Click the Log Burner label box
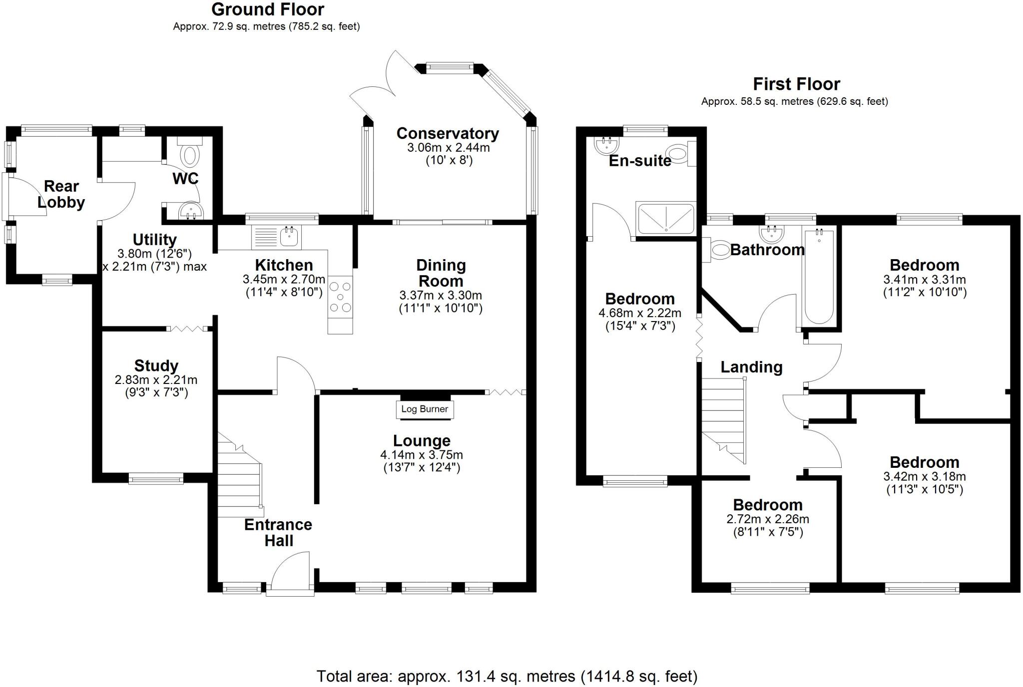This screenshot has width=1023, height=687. pos(425,409)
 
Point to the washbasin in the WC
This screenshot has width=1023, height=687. pos(190,210)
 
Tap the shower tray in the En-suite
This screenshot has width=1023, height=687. pos(665,218)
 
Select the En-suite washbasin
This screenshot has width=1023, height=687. pos(607,145)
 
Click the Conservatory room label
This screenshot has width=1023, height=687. pos(448,134)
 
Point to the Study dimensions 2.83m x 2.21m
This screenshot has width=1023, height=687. pos(156,380)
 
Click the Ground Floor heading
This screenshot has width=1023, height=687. pos(268,9)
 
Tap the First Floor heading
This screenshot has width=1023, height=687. pos(796,84)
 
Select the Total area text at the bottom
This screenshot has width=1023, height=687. pos(507,677)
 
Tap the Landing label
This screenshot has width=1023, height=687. pos(751,367)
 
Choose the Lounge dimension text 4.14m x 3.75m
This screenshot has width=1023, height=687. pos(422,455)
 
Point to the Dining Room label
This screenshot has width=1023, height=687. pos(441,273)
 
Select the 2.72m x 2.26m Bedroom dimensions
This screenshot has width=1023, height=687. pos(768,519)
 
